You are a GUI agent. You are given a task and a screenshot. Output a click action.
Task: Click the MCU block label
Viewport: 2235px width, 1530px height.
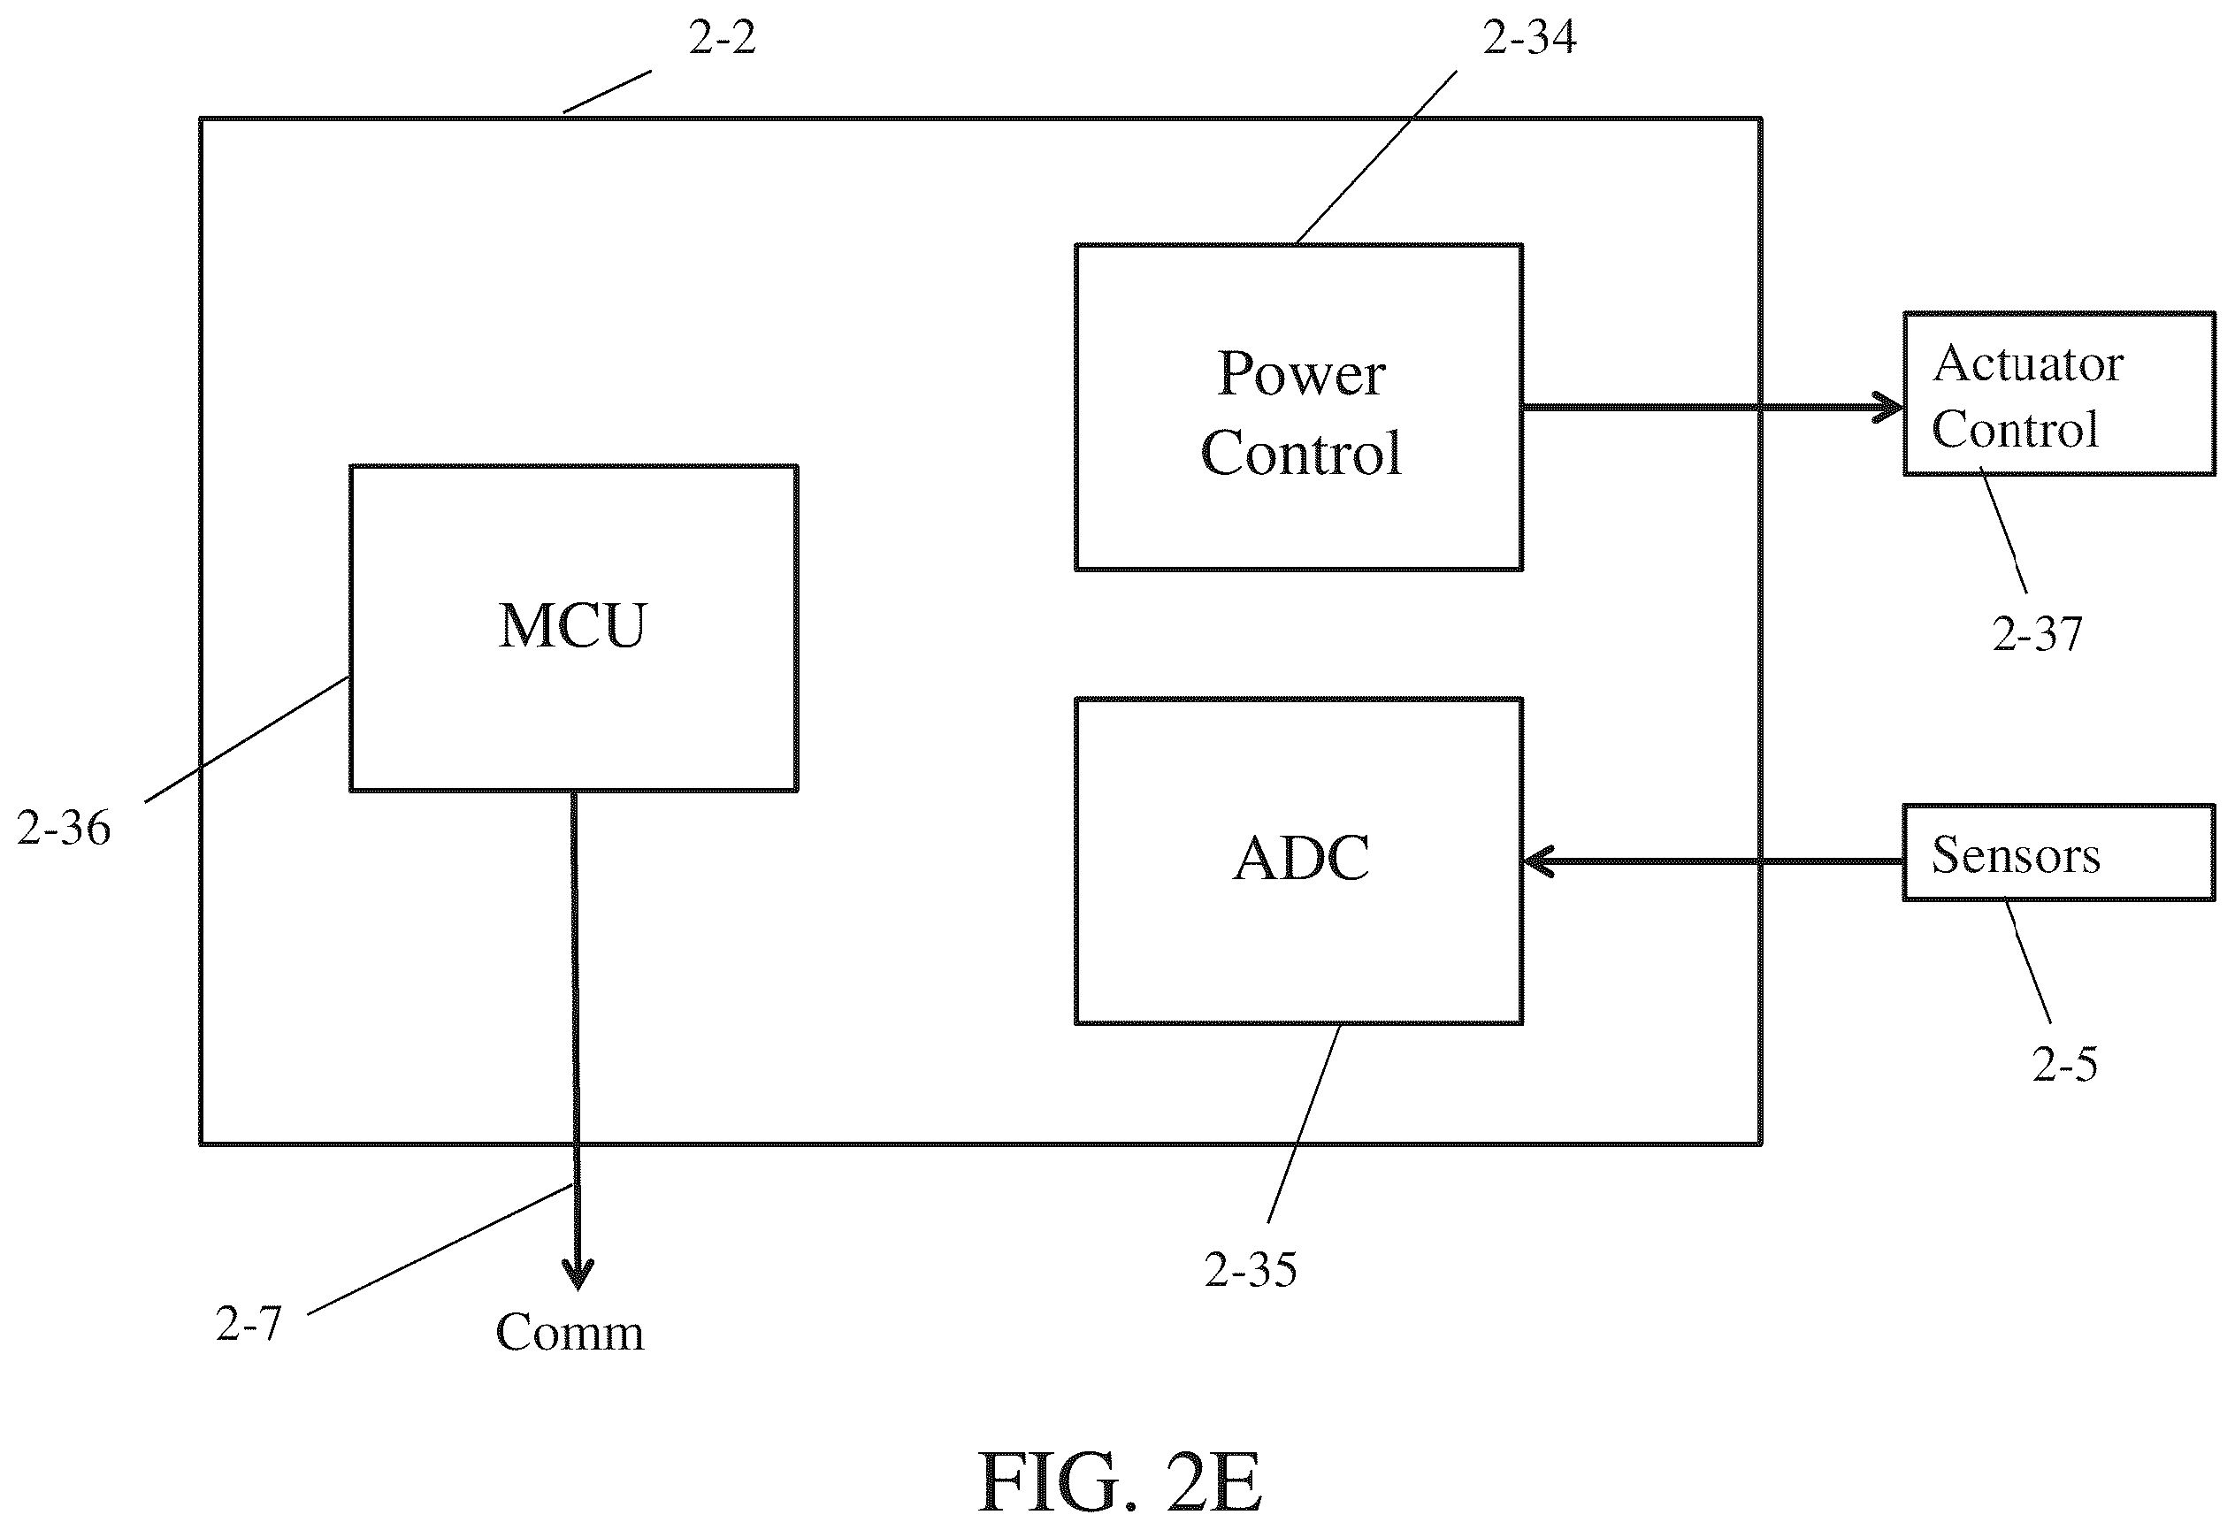pos(573,626)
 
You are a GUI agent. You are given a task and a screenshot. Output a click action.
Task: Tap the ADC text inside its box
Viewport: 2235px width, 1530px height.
pos(1301,858)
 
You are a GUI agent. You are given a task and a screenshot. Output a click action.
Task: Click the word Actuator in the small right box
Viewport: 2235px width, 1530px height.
pos(2028,363)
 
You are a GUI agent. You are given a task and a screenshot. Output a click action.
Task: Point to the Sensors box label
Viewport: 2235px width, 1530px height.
pos(2016,854)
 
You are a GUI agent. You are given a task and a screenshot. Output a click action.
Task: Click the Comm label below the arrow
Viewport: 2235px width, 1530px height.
pos(570,1332)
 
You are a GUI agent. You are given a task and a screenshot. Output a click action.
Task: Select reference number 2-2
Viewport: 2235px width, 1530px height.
pos(723,37)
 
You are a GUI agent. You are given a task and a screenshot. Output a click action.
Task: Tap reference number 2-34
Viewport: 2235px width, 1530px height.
pos(1529,36)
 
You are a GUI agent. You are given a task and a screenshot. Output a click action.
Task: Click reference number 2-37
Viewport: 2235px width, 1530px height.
pos(2037,634)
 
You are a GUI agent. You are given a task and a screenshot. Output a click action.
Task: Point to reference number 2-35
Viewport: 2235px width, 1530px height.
pos(1251,1269)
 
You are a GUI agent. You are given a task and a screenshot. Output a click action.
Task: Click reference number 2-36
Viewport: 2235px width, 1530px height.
pos(64,828)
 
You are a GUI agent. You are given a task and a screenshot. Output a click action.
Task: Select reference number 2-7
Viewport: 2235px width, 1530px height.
pos(249,1324)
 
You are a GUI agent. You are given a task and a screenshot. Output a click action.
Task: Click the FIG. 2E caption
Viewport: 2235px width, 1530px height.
pos(1120,1482)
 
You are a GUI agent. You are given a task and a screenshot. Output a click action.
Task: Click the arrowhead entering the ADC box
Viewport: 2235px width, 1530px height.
pos(1539,861)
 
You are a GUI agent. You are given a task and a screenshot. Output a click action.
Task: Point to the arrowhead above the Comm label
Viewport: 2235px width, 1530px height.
pos(577,1275)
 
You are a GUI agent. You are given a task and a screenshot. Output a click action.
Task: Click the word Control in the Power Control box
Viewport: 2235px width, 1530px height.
pos(1301,453)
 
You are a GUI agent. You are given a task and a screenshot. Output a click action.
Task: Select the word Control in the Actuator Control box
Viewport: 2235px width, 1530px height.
pos(2015,429)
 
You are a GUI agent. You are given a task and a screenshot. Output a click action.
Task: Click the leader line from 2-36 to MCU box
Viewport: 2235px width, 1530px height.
pos(247,739)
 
